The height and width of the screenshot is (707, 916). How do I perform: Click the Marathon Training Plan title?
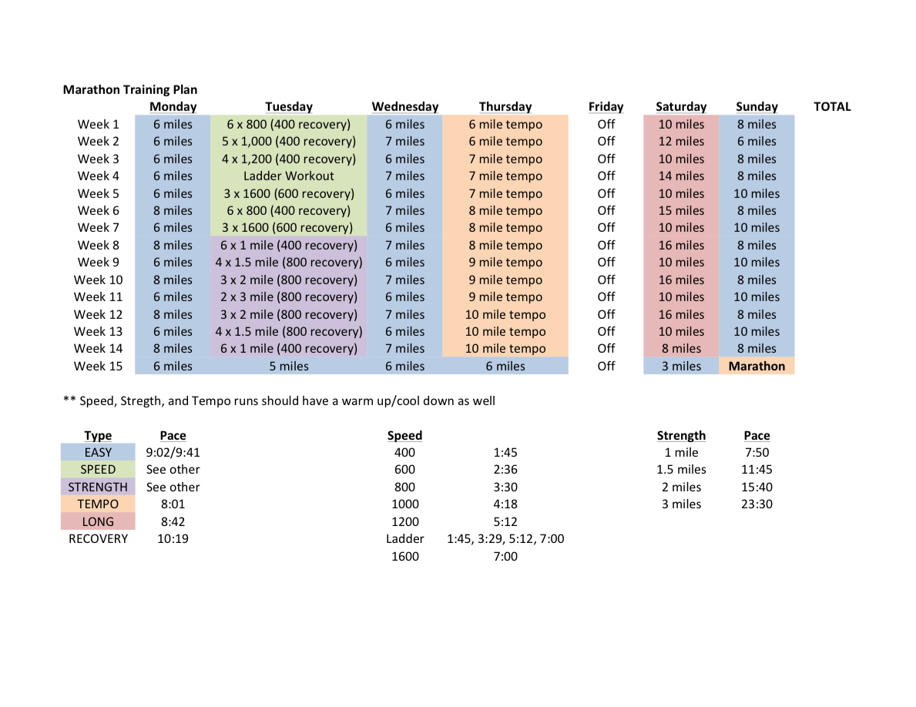pos(129,89)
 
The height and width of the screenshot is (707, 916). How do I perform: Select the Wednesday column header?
pos(404,107)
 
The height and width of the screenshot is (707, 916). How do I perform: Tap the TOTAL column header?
pos(832,107)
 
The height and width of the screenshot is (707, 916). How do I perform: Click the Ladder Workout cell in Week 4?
pos(289,176)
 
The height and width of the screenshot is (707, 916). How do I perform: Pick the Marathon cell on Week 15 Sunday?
pos(757,366)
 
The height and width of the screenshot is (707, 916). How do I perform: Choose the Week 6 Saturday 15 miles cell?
pos(681,210)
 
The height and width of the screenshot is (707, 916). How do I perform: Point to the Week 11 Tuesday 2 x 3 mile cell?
pos(289,297)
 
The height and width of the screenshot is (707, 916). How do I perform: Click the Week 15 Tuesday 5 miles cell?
pos(289,366)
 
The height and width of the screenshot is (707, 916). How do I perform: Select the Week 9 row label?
pos(98,262)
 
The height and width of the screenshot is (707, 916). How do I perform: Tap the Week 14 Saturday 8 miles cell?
pos(681,349)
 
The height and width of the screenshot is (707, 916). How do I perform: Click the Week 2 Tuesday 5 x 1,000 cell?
pos(289,141)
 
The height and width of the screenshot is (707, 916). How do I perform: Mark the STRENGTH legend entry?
pos(98,487)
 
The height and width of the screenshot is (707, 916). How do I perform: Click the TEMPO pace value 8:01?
pos(173,504)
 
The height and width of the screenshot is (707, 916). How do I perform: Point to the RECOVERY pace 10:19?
pos(173,539)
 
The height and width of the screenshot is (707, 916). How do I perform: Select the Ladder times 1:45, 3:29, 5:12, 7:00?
pos(505,539)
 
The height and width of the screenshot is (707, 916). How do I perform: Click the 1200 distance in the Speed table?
pos(404,521)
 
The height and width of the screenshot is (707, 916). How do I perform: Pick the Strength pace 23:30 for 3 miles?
pos(757,504)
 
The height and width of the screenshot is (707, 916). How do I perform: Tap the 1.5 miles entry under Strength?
pos(681,469)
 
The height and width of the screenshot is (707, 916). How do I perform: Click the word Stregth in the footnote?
pos(139,401)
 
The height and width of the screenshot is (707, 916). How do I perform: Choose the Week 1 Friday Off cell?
pos(606,124)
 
